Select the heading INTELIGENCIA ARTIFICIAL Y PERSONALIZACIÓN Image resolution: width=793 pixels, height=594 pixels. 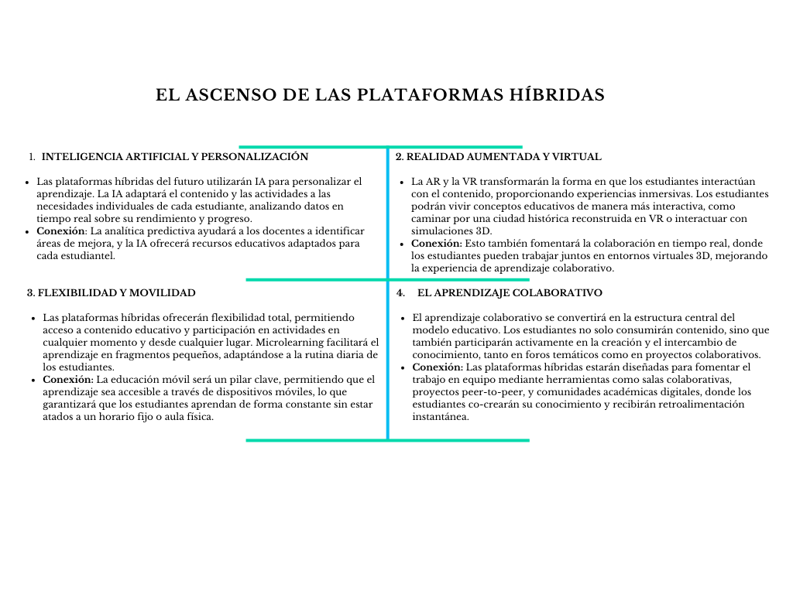[175, 157]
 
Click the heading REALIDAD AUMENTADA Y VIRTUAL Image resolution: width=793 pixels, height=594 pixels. [503, 157]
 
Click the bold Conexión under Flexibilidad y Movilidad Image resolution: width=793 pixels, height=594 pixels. [67, 380]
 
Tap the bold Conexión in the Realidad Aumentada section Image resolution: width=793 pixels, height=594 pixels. [437, 243]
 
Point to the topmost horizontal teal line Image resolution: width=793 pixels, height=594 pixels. [379, 146]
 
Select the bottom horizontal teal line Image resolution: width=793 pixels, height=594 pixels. [387, 440]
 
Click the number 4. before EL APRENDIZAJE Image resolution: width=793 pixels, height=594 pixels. [400, 293]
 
